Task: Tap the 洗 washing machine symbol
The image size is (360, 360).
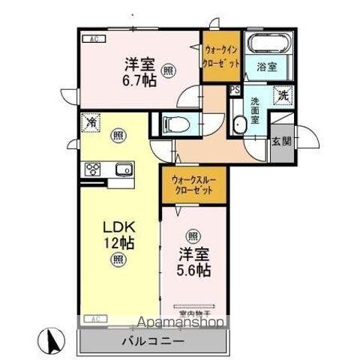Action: tap(283, 94)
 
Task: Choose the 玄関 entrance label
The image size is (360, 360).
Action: tap(280, 140)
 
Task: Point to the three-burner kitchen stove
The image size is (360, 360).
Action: tap(96, 169)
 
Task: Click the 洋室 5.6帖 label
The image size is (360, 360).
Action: tap(194, 262)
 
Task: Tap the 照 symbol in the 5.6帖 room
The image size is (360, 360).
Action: tap(194, 235)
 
